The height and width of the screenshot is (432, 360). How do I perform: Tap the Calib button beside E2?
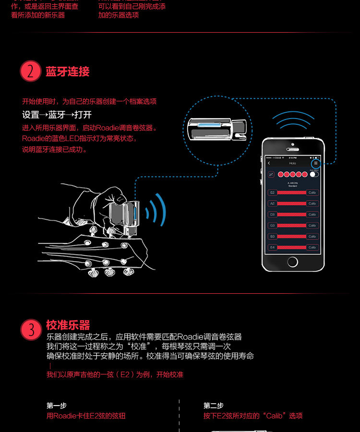(312, 192)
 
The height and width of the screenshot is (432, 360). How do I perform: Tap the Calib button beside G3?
(312, 226)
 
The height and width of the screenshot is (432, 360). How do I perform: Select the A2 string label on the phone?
(272, 204)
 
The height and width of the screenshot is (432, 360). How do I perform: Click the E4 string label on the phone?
(272, 247)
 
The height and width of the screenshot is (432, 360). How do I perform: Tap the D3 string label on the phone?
(272, 215)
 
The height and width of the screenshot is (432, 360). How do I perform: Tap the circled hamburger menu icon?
(315, 163)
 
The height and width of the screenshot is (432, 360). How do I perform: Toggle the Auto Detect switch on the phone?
(314, 174)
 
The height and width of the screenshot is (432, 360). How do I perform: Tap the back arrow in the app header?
(269, 163)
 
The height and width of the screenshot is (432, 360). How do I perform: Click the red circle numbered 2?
(31, 72)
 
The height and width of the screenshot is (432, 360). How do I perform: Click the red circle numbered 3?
(31, 330)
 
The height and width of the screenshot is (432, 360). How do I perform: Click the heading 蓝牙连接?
(68, 72)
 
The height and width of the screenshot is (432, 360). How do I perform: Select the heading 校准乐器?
(68, 325)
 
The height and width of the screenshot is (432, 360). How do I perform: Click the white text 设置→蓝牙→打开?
(57, 115)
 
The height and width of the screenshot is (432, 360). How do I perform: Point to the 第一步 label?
(57, 406)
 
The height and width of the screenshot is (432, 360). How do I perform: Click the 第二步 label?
(214, 406)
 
